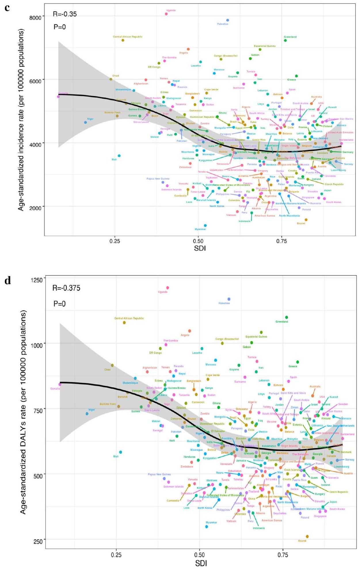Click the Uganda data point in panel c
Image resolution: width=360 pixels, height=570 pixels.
(x=166, y=14)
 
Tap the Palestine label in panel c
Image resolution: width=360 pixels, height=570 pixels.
(x=223, y=24)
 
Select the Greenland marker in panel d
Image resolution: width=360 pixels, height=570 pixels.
(x=287, y=317)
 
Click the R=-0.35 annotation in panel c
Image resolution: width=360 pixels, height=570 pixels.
(x=65, y=14)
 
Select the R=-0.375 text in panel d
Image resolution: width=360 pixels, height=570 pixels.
(x=66, y=288)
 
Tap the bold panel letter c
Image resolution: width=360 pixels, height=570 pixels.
(x=7, y=7)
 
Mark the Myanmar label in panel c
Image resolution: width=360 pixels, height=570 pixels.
(x=200, y=229)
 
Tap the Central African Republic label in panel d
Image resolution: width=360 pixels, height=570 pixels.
(x=129, y=318)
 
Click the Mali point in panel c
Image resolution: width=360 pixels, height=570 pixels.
(x=119, y=156)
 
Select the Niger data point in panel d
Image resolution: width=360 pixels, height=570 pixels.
(x=87, y=414)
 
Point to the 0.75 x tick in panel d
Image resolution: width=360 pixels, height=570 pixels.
(x=283, y=555)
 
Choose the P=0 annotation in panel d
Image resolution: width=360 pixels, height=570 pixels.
(x=60, y=304)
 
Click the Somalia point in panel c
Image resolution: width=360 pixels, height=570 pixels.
(x=58, y=97)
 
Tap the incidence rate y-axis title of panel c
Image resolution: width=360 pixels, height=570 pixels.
(x=21, y=119)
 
